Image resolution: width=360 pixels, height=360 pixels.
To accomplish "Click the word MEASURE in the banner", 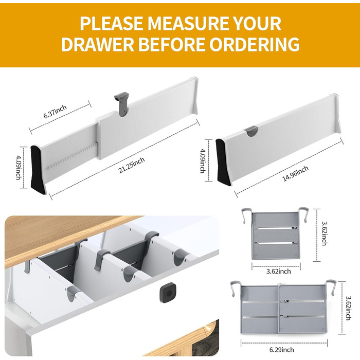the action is (x=188, y=23).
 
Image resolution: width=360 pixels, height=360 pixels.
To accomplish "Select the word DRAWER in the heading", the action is (x=98, y=44).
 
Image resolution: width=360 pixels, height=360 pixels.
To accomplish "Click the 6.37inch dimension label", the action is (x=55, y=112).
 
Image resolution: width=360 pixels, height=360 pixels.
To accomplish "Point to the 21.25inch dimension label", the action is (x=132, y=165).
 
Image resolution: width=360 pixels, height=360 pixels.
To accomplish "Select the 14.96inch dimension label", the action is (x=295, y=174).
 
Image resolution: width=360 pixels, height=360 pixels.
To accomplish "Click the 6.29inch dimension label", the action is (x=281, y=350).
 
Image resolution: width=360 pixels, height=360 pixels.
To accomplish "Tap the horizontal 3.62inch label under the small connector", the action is (x=279, y=272).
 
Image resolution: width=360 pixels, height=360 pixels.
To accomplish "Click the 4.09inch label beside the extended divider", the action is (x=19, y=167).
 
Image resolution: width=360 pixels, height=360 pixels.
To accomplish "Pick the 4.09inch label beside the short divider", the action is (x=203, y=161).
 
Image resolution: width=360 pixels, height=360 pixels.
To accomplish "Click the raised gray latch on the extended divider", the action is (x=122, y=104).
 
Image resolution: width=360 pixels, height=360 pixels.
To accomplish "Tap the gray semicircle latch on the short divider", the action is (x=251, y=131).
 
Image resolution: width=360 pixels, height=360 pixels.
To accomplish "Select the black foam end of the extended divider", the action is (x=37, y=170).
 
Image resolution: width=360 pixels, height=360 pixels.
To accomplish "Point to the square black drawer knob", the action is (x=169, y=291).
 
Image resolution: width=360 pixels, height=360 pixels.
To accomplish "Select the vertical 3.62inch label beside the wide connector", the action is (x=348, y=308).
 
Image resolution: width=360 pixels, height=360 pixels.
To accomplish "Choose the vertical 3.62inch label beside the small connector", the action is (x=324, y=233).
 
